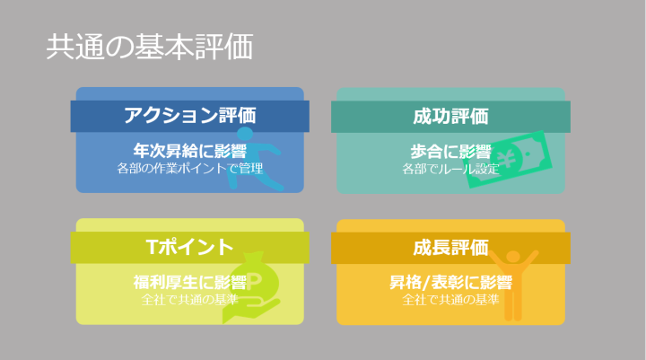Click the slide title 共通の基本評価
150,47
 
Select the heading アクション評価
190,115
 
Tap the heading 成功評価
450,117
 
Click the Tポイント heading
189,247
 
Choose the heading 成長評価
450,248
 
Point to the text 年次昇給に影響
190,151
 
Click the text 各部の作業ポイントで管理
190,168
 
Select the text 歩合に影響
450,152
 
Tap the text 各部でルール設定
450,169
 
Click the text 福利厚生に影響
190,283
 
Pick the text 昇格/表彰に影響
450,283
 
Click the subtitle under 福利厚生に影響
190,299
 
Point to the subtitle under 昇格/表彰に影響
450,299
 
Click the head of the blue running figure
245,133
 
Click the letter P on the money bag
254,281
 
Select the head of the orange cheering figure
513,257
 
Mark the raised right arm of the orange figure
530,259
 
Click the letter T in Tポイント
152,247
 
